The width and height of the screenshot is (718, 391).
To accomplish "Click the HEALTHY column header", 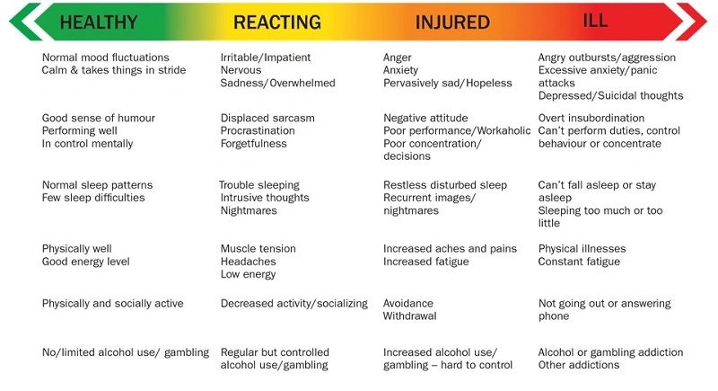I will (99, 22).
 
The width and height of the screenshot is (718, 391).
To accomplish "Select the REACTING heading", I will (276, 22).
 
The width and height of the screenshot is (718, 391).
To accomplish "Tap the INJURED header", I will (452, 22).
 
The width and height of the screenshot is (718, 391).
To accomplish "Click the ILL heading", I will (596, 21).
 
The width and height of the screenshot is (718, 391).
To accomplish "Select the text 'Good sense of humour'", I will (99, 119).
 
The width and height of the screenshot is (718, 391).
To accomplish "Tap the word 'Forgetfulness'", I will (254, 144).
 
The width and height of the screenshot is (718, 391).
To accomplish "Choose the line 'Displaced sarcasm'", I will (267, 119).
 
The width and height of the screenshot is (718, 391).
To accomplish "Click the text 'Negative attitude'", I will (426, 119).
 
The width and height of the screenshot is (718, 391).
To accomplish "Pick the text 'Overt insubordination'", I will (591, 119).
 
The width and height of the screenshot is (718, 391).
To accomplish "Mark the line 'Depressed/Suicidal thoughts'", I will (610, 96).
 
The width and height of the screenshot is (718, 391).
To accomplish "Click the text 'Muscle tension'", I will (258, 249).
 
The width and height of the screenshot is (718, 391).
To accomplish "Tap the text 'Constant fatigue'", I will (579, 262).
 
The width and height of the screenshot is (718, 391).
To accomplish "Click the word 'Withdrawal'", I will (409, 316).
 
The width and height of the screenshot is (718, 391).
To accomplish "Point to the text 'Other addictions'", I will (579, 365).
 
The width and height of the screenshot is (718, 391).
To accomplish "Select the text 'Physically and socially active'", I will (112, 304).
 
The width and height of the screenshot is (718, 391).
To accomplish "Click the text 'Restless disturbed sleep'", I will (445, 185).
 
